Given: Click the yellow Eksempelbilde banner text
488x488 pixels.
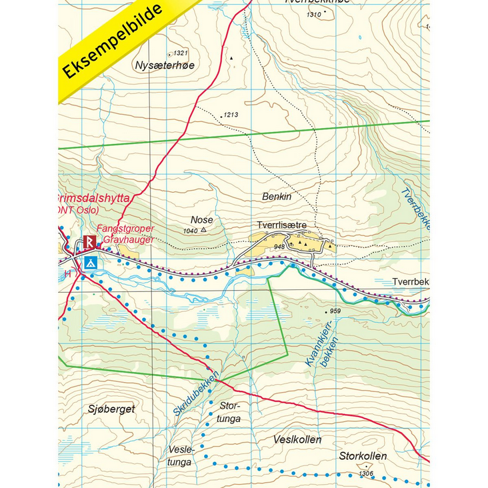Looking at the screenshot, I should pos(113,41).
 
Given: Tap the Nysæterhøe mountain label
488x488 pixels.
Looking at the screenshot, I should pos(165,65).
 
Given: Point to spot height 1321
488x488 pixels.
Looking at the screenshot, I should pos(181,53).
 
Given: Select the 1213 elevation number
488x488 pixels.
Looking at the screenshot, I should pos(231,115).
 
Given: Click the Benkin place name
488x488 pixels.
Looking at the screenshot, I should pos(277,197).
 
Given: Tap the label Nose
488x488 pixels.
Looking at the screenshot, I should pos(201,219).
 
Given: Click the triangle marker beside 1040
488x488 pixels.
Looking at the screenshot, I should pos(203,231).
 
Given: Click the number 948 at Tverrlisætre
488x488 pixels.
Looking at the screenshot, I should pos(279,247).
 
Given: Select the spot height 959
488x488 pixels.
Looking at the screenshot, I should pos(335,311).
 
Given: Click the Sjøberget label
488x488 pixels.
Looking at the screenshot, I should pos(111,409).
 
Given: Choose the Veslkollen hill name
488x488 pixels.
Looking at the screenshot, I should pos(297,439).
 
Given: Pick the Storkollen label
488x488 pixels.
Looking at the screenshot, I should pos(363,457).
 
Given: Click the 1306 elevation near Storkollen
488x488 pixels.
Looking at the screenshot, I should pos(366,473).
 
